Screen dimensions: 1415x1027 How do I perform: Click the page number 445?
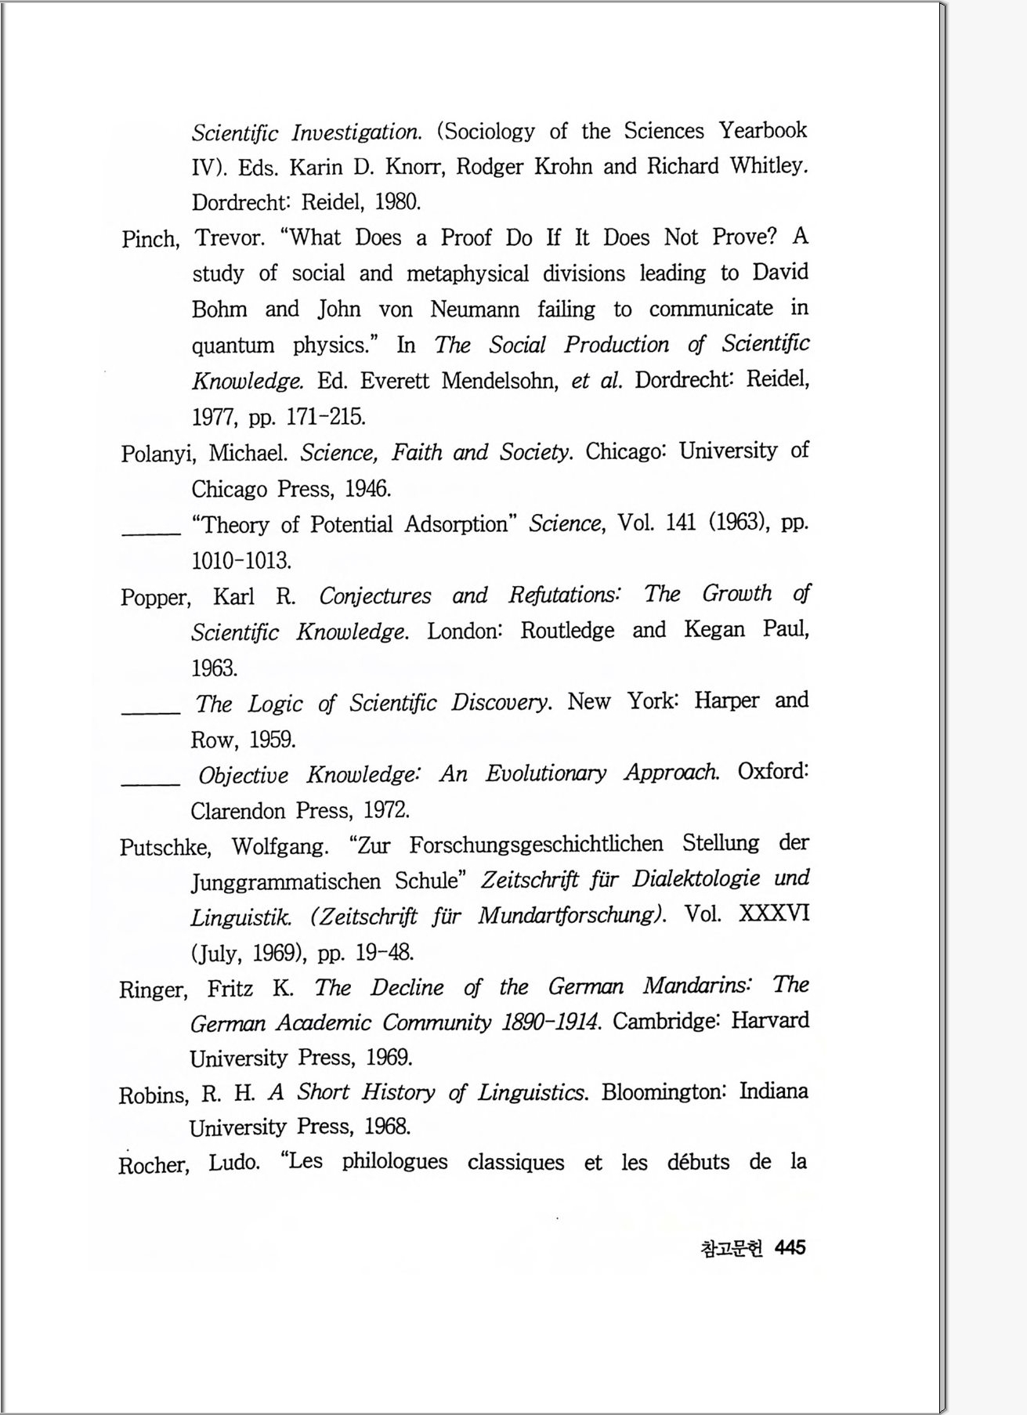pyautogui.click(x=790, y=1247)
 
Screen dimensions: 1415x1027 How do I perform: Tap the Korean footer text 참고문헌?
pyautogui.click(x=732, y=1248)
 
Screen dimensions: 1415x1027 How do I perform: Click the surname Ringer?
pyautogui.click(x=153, y=990)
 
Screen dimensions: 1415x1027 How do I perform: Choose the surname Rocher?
pyautogui.click(x=154, y=1165)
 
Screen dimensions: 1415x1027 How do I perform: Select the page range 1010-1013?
pyautogui.click(x=241, y=561)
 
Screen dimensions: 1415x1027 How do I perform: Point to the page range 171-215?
pyautogui.click(x=326, y=417)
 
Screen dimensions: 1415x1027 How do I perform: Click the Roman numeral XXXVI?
pyautogui.click(x=773, y=914)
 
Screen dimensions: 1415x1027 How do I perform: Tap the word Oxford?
pyautogui.click(x=772, y=772)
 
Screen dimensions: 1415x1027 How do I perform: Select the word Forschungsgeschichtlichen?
pyautogui.click(x=536, y=845)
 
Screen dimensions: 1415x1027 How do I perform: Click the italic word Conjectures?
pyautogui.click(x=374, y=596)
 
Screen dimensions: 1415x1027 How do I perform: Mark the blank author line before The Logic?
pyautogui.click(x=150, y=710)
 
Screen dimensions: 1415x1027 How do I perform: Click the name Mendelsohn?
pyautogui.click(x=499, y=382)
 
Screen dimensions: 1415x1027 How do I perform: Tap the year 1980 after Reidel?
pyautogui.click(x=398, y=202)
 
